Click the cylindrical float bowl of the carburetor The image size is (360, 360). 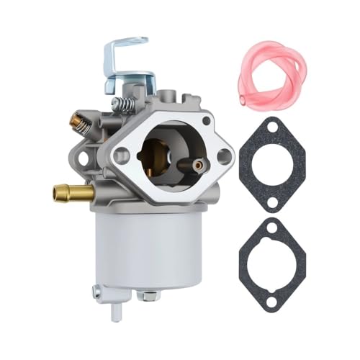pos(137,245)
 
